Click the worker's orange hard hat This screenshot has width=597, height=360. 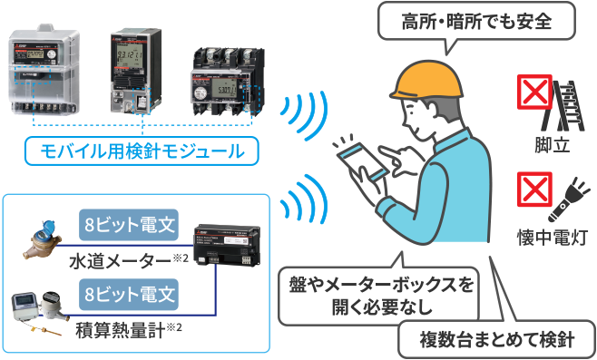(426, 83)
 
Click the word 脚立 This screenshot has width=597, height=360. (552, 144)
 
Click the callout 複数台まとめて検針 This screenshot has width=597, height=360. (495, 340)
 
